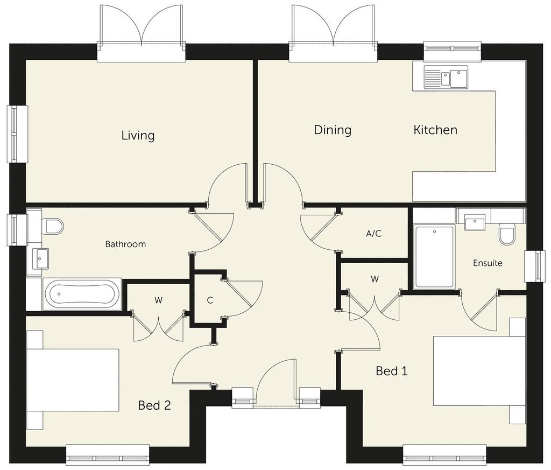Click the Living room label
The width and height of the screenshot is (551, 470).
138,136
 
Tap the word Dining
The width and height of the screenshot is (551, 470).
333,130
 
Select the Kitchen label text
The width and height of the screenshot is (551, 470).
435,130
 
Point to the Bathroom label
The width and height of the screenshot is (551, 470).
125,244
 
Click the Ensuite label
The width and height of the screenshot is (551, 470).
488,263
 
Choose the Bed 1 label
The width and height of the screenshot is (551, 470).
392,371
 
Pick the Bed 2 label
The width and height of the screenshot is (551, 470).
154,405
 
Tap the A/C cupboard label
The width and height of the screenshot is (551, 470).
373,234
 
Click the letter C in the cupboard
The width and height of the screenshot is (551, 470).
210,300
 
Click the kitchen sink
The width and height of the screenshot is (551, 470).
446,76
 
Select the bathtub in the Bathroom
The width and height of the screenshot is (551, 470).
82,294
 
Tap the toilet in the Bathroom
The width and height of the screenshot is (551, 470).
52,226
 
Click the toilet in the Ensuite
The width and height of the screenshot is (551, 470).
506,234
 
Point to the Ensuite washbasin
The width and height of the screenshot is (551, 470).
475,222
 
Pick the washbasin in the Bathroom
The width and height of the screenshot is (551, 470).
41,259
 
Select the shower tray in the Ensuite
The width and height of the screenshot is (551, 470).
434,257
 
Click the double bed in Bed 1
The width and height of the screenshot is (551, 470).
479,371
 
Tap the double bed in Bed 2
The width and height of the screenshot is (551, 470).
73,380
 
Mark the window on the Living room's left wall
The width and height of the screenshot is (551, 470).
17,134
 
